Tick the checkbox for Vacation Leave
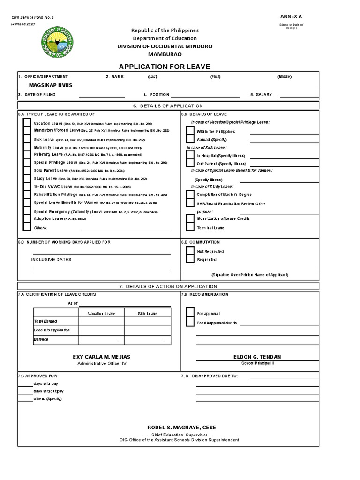27,122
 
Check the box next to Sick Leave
27,140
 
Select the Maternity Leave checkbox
27,148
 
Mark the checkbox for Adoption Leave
27,219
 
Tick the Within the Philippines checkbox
190,131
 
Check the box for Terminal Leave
190,227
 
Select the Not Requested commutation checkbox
190,251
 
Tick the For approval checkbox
190,313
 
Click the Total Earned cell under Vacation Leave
101,321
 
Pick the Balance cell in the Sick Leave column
147,339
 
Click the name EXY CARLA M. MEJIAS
102,357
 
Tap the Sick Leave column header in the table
147,313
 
